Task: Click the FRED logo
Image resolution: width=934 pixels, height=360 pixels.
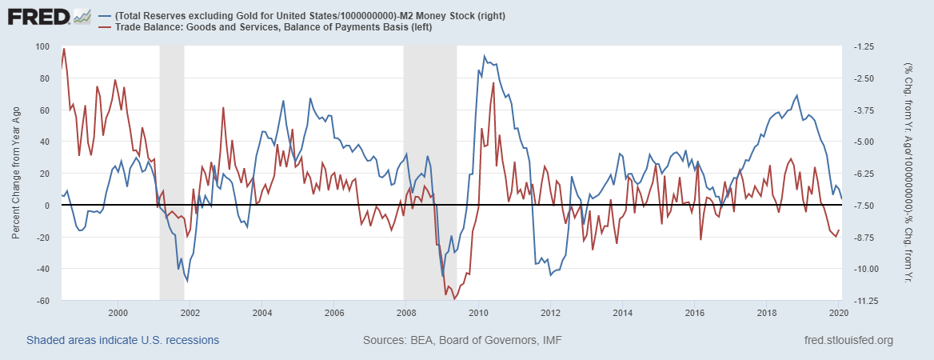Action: click(36, 16)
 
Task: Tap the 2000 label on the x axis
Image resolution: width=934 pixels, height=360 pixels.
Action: click(118, 312)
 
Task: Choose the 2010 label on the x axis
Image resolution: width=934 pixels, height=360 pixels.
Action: click(478, 312)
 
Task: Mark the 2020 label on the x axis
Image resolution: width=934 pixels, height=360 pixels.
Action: click(839, 312)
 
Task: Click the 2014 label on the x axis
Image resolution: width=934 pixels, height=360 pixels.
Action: click(622, 312)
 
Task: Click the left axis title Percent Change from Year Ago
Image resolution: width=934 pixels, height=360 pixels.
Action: click(16, 174)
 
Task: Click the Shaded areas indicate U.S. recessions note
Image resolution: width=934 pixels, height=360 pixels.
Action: click(122, 341)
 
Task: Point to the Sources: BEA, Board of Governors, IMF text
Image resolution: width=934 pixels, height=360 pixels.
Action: click(462, 341)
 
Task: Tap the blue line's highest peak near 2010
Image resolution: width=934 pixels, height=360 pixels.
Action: click(485, 57)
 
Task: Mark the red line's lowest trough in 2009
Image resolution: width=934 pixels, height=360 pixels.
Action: click(454, 299)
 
